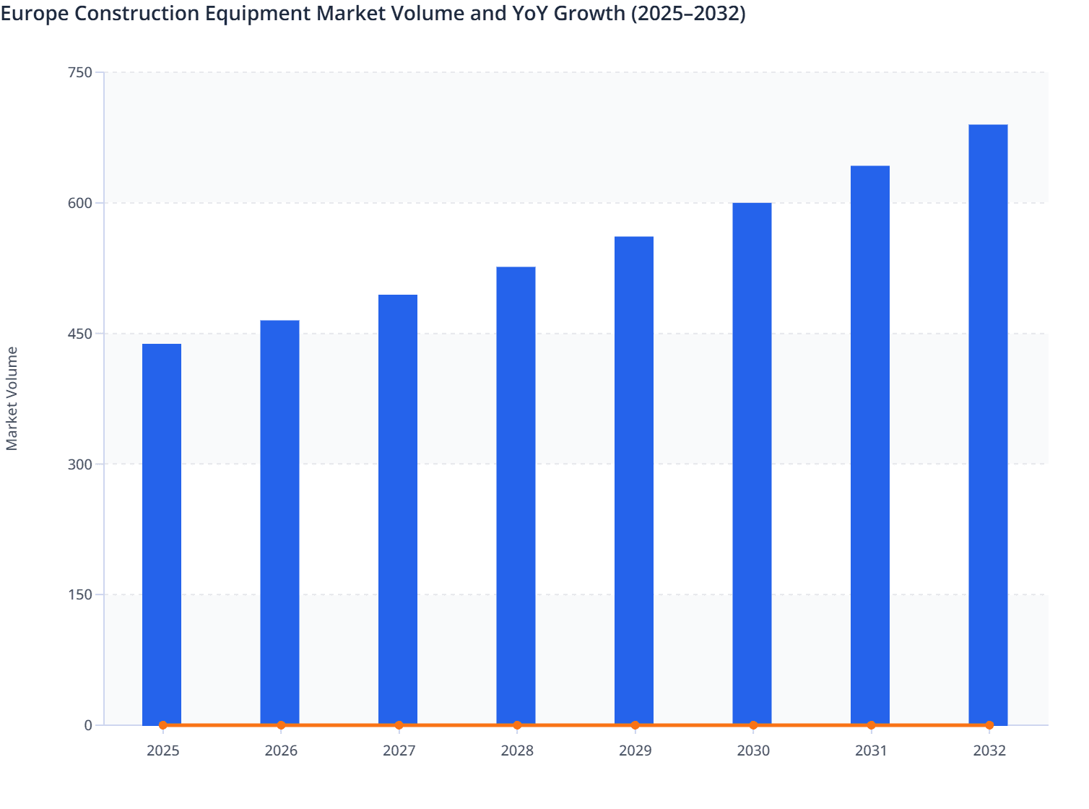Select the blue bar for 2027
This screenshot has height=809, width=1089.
pyautogui.click(x=398, y=509)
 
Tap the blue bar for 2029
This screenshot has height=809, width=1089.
pyautogui.click(x=634, y=480)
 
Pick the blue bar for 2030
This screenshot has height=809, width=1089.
pyautogui.click(x=752, y=463)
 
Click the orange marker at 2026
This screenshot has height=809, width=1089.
pyautogui.click(x=281, y=725)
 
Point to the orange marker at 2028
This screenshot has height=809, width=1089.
pyautogui.click(x=517, y=725)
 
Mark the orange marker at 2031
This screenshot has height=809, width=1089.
pyautogui.click(x=871, y=725)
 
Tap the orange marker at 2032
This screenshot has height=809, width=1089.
pyautogui.click(x=989, y=725)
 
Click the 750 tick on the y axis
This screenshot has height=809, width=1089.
pyautogui.click(x=79, y=72)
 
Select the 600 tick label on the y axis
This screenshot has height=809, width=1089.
pyautogui.click(x=79, y=203)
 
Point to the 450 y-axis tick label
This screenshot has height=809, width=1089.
pyautogui.click(x=79, y=334)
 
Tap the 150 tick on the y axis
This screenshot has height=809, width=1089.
pyautogui.click(x=79, y=594)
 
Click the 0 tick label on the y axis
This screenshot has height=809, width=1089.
pyautogui.click(x=88, y=725)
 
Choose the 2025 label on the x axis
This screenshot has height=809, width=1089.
pyautogui.click(x=162, y=750)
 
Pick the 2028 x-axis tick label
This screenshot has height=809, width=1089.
pyautogui.click(x=517, y=750)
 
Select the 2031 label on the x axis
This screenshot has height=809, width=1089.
pyautogui.click(x=871, y=750)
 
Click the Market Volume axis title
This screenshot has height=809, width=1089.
pyautogui.click(x=12, y=399)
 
